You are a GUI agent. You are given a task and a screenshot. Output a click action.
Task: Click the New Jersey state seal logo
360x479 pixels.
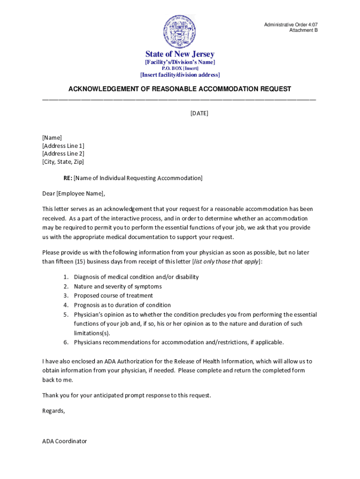180,31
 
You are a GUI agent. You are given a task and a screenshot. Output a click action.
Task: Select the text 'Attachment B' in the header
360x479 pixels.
303,30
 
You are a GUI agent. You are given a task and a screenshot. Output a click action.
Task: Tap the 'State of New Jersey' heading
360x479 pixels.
180,54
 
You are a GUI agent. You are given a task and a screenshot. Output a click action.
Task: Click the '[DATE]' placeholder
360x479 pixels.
199,113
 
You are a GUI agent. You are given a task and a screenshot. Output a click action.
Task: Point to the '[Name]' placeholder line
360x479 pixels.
52,138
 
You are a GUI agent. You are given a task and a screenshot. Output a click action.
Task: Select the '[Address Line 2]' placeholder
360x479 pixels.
63,153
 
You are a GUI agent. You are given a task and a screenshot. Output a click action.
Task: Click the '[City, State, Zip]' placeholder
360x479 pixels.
63,162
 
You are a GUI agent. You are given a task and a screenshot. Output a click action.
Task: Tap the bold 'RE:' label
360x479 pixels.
68,178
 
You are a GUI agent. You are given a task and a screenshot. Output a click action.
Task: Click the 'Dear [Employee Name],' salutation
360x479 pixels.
74,194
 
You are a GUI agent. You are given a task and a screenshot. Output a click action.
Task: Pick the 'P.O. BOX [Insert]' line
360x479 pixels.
180,68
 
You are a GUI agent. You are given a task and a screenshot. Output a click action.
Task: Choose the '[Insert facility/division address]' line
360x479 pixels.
180,75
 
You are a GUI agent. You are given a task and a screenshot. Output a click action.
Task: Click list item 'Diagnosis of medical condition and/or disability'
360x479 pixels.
136,277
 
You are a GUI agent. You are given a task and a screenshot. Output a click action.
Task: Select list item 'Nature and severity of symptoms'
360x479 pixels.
117,286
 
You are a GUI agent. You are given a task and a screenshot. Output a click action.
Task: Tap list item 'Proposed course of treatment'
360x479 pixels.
113,296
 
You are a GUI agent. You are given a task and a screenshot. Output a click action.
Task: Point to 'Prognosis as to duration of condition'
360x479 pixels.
122,305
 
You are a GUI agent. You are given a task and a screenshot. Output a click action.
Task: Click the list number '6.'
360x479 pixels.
66,342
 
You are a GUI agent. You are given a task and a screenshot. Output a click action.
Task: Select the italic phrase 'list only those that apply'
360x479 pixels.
226,261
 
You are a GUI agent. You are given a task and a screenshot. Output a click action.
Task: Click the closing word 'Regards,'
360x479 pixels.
54,411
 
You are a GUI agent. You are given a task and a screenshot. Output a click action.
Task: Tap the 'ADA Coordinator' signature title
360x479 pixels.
65,441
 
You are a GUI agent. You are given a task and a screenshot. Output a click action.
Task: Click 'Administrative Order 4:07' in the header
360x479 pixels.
291,24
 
